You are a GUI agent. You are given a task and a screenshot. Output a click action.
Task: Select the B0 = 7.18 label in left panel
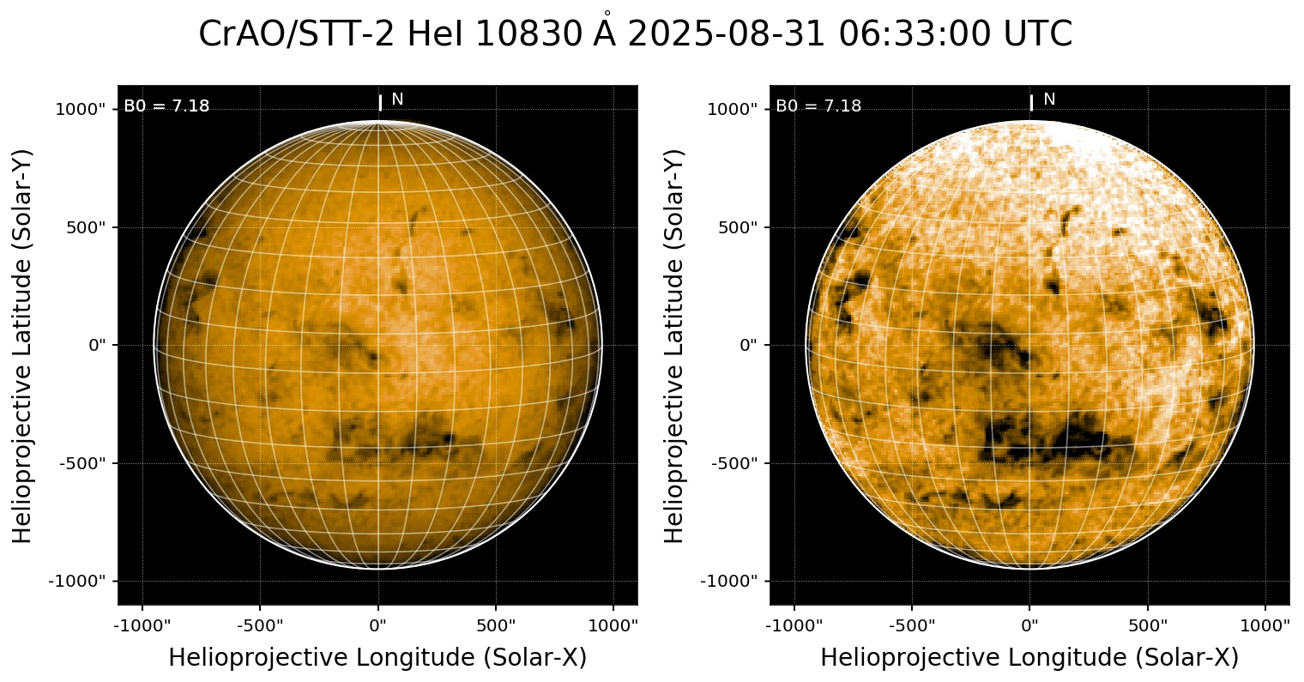pos(166,106)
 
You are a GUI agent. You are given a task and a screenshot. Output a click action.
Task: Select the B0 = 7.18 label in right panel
pos(818,106)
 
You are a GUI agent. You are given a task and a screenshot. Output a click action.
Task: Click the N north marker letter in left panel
pos(397,100)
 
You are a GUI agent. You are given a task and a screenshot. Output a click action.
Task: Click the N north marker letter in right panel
pos(1049,100)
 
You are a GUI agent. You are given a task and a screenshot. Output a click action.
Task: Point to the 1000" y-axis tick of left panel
pos(81,109)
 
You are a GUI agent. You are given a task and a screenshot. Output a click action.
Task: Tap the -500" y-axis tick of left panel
pos(84,463)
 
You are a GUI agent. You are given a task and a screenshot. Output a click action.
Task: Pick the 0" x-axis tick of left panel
pos(378,625)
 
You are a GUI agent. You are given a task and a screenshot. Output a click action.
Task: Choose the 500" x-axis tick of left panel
pos(496,625)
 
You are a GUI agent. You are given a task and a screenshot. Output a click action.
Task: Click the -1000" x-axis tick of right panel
pos(794,625)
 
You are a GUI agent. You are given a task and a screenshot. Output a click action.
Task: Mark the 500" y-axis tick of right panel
pos(736,227)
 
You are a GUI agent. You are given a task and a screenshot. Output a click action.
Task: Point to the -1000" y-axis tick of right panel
pos(729,581)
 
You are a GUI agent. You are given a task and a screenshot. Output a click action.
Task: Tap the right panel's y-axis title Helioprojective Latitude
pos(675,343)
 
